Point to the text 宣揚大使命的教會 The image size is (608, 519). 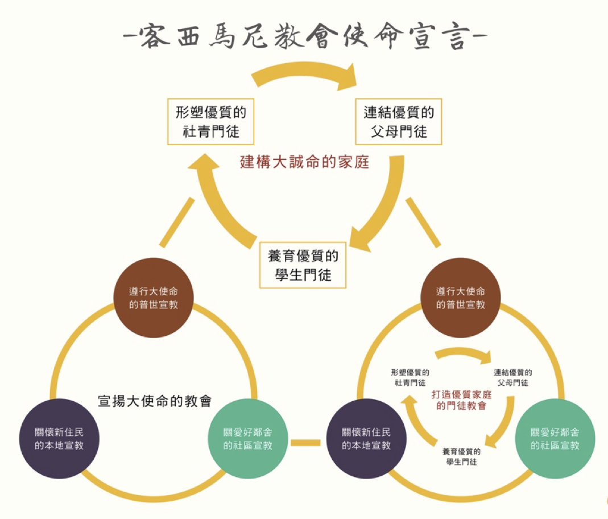coord(155,401)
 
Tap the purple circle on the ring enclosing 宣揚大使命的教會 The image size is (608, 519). coord(59,437)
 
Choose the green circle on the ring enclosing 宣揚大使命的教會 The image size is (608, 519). coord(249,437)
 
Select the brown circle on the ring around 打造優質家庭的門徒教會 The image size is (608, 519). coord(461,296)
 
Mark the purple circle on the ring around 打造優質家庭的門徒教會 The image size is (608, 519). coord(366,437)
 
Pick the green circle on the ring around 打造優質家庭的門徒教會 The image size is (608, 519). coord(555,437)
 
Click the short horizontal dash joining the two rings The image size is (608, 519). coord(307,442)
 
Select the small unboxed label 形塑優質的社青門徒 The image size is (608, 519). coord(410,378)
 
